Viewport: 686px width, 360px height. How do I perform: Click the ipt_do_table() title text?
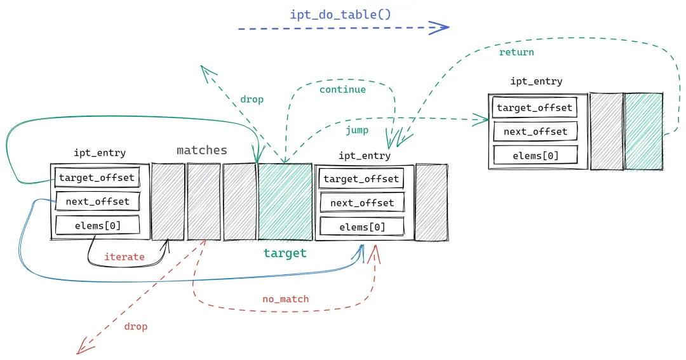tap(340, 14)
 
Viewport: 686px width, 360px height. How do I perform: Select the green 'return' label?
tap(516, 52)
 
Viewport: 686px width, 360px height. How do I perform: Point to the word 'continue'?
tap(342, 90)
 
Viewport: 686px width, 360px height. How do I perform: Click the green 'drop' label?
tap(252, 100)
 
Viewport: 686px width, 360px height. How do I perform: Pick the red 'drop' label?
tap(135, 326)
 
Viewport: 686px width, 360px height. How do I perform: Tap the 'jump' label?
tap(357, 130)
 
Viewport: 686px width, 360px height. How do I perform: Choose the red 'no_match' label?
tap(285, 299)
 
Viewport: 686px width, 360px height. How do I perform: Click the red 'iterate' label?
tap(124, 257)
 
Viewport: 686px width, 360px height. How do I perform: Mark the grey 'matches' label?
tap(201, 150)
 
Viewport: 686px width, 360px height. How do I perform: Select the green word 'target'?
tap(285, 253)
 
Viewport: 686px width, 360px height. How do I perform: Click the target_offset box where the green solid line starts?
tap(97, 178)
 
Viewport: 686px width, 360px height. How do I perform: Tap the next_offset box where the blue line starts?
tap(97, 202)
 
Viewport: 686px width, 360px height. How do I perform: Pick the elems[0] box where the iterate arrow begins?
tap(97, 225)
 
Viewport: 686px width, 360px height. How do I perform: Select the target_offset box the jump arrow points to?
tap(534, 108)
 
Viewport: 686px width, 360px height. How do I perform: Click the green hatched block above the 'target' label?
tap(285, 202)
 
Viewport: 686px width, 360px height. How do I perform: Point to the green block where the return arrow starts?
tap(643, 131)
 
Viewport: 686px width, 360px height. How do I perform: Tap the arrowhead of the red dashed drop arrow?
tap(80, 350)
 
